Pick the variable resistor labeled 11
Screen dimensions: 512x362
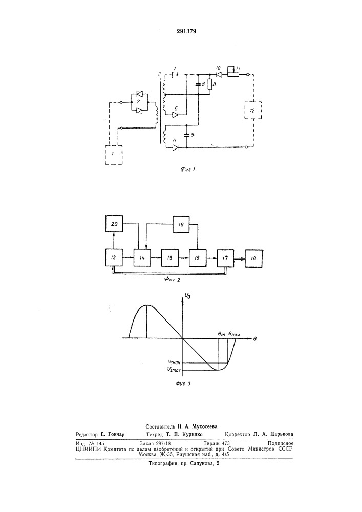(x=233, y=75)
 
